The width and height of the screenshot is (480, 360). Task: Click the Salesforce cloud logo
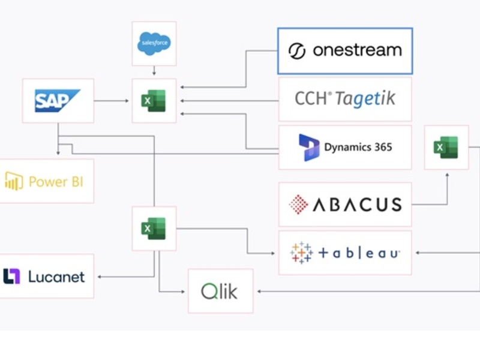[154, 43]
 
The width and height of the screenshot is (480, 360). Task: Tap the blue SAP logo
[58, 101]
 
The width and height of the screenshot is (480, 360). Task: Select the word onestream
[357, 50]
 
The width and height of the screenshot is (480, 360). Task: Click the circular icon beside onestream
[297, 51]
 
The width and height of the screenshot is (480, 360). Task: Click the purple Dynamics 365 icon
[309, 148]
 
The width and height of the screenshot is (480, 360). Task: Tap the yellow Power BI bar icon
[14, 181]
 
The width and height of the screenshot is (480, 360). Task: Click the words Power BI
[56, 181]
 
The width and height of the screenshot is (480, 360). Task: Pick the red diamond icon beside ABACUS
[298, 205]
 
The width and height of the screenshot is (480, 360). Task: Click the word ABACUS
[357, 205]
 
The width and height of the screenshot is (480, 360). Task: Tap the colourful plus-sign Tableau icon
[301, 253]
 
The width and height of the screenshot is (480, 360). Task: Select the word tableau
[359, 253]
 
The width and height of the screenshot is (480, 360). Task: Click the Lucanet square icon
[12, 276]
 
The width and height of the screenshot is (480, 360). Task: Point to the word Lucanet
[56, 277]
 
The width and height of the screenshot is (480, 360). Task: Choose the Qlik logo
[220, 292]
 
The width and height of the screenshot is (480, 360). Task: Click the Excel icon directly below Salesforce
[154, 101]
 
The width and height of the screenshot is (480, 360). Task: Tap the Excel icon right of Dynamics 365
[446, 147]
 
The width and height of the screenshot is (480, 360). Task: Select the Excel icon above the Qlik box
[154, 229]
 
